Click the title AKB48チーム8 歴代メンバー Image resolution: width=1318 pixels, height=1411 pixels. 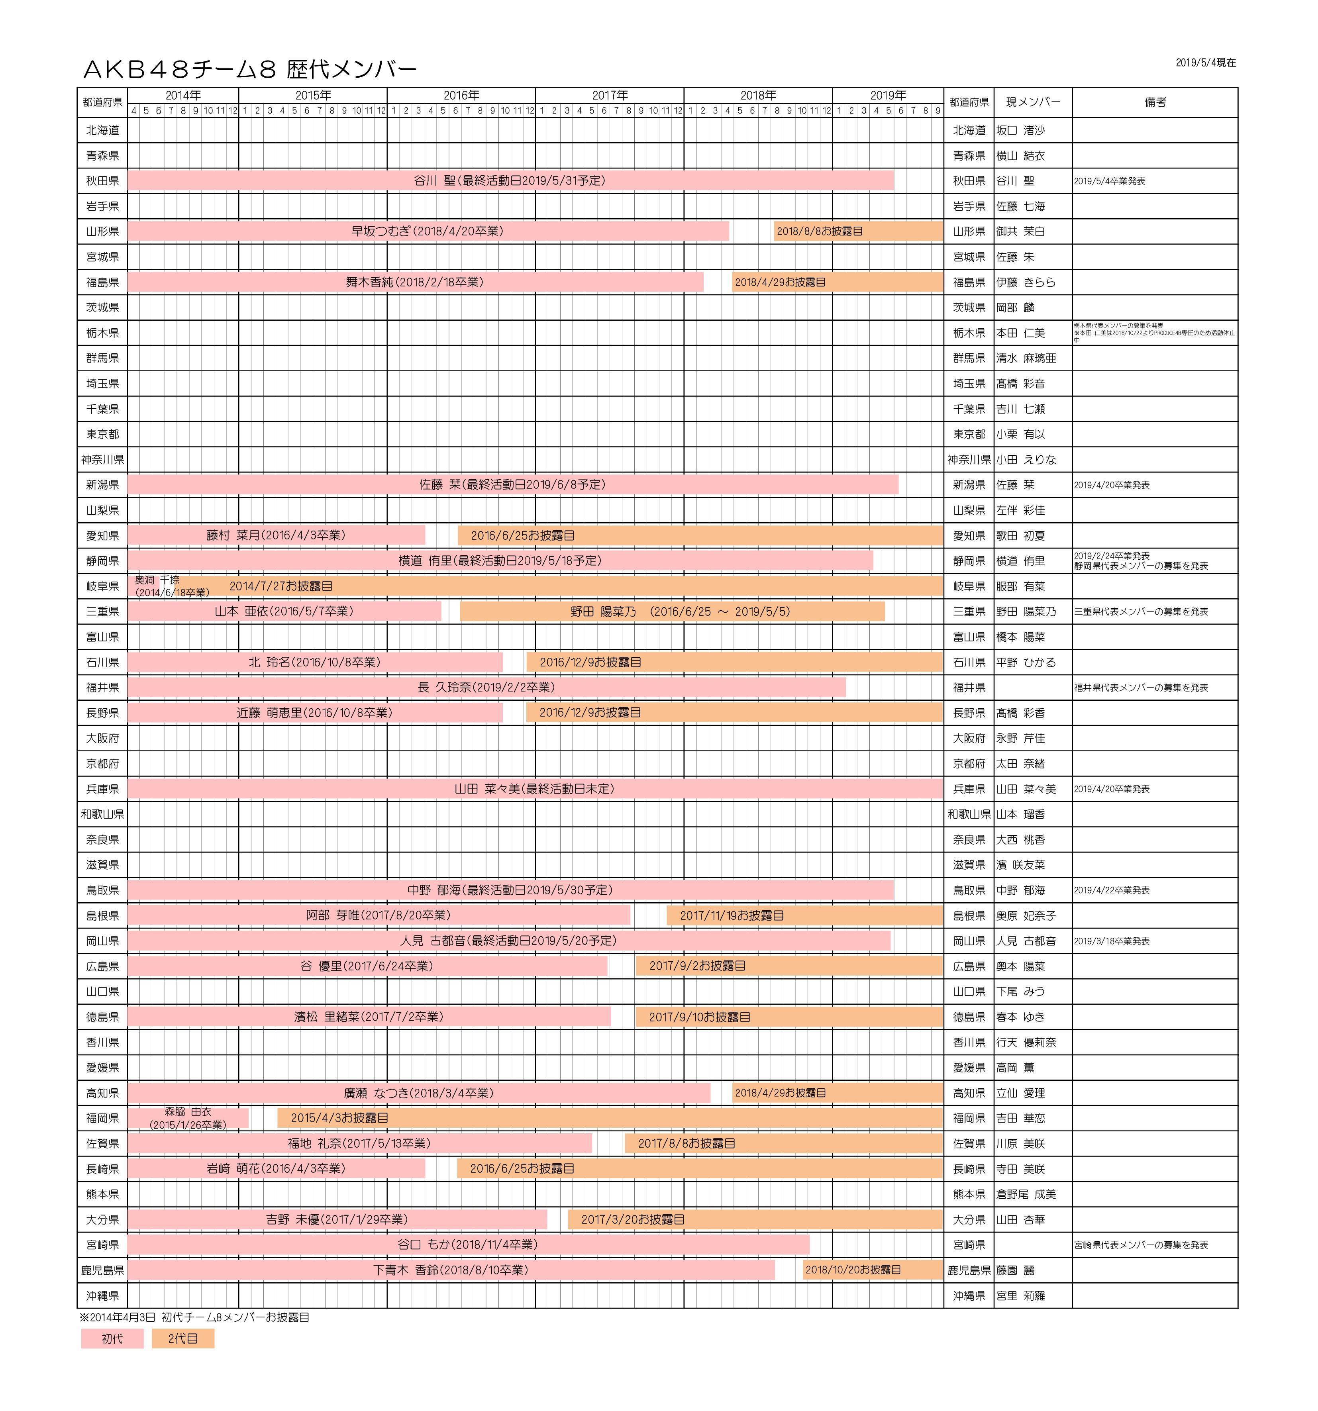[x=250, y=69]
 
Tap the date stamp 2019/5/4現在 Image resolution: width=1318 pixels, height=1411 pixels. [x=1205, y=63]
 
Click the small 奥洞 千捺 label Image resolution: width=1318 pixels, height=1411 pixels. [x=157, y=580]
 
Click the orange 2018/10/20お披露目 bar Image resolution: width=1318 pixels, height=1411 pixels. [x=872, y=1270]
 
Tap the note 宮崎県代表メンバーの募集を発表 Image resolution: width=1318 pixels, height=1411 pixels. [x=1141, y=1245]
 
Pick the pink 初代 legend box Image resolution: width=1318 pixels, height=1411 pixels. [x=112, y=1338]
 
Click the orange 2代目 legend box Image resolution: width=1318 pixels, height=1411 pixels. [x=182, y=1338]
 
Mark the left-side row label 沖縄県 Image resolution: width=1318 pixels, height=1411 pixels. [x=103, y=1295]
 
